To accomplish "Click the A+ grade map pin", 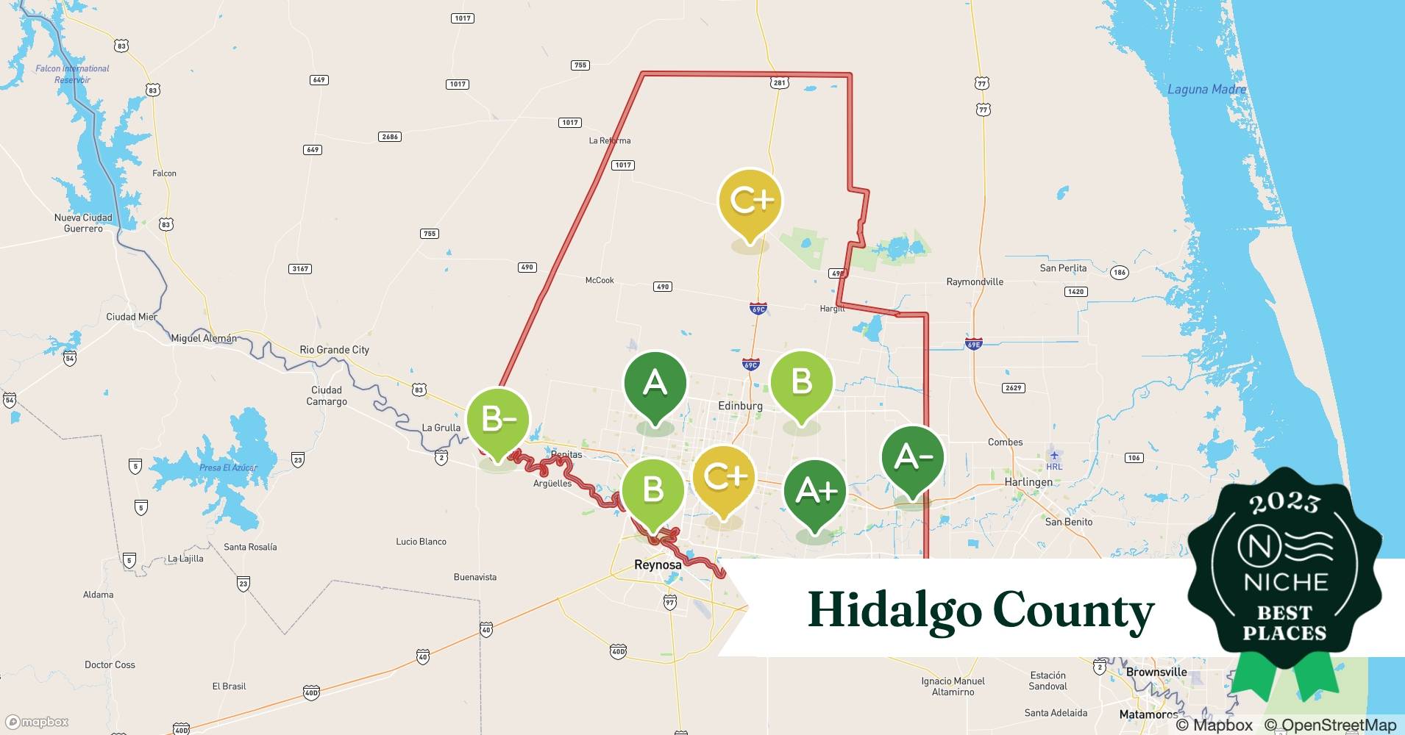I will tap(814, 492).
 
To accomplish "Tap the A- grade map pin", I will tap(912, 457).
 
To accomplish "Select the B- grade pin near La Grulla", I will tap(498, 420).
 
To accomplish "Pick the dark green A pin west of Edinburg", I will tap(655, 383).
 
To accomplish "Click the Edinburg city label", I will tap(740, 406).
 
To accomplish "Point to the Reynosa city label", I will tap(658, 564).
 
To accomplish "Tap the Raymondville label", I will tap(975, 282).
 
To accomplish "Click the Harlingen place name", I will tap(1028, 482).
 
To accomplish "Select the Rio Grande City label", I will tap(334, 350).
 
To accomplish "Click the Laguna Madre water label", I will tap(1206, 90).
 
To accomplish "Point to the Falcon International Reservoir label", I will tap(72, 73).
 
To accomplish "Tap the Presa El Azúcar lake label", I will tap(228, 467).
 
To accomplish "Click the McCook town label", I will tap(600, 280).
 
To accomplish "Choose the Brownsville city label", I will tap(1156, 672).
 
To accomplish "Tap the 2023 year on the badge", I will tap(1284, 503).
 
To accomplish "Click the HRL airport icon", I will tap(1054, 455).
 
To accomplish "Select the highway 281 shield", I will tap(779, 83).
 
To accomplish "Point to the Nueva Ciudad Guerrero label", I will tap(83, 223).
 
